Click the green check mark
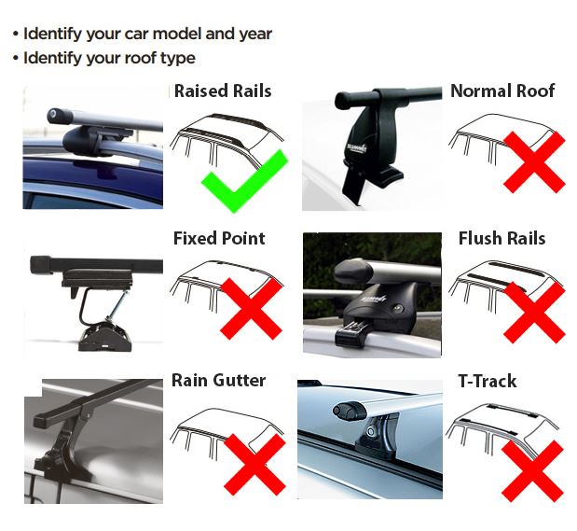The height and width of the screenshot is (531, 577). [245, 181]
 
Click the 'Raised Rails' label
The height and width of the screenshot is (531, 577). [223, 91]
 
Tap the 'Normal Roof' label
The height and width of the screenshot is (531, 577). [501, 91]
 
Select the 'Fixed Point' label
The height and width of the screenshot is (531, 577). [219, 238]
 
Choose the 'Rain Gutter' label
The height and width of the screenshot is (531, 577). [218, 380]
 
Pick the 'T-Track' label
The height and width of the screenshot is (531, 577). [487, 381]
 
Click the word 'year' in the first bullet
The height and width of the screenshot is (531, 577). [254, 35]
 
